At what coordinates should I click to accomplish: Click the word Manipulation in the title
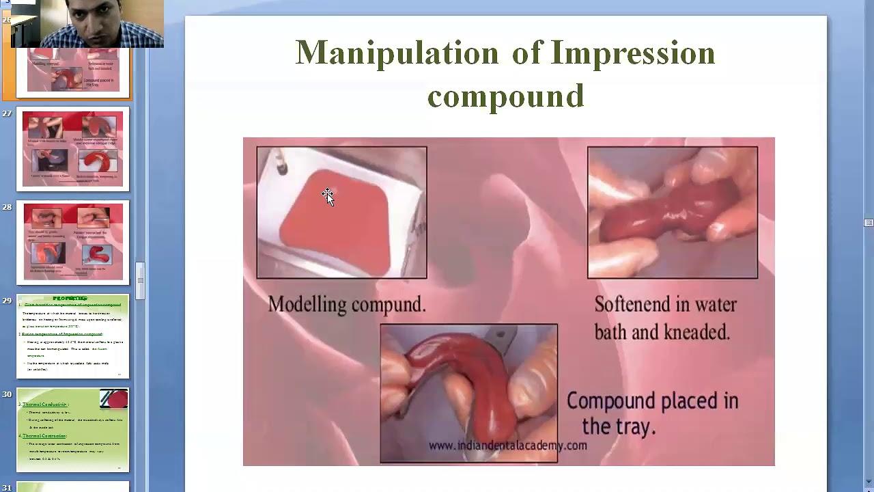tap(397, 54)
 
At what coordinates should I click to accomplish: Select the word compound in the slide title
tap(505, 96)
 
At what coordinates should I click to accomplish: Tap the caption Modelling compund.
tap(346, 305)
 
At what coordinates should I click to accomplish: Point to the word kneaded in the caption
tap(696, 333)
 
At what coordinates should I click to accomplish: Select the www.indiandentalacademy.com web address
tap(507, 446)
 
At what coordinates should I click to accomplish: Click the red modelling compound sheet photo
tap(341, 213)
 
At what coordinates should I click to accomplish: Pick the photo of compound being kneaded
tap(672, 213)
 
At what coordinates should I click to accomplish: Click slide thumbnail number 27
tap(72, 149)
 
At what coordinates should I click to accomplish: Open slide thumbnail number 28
tap(72, 242)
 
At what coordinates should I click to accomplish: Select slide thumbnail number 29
tap(72, 336)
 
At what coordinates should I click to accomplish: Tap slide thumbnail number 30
tap(72, 429)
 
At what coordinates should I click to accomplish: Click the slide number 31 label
tap(7, 487)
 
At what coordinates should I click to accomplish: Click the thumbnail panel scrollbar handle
tap(141, 280)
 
